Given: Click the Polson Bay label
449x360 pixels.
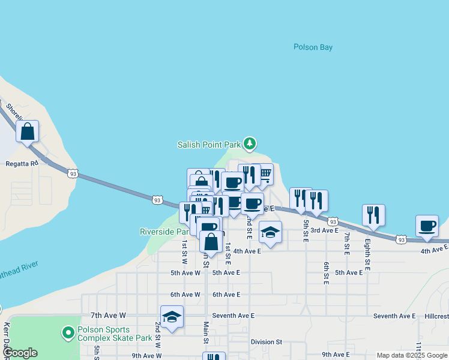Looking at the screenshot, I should coord(313,47).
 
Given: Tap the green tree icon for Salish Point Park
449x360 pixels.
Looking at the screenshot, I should coord(250,144).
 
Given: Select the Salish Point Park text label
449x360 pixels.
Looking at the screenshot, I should coord(208,145).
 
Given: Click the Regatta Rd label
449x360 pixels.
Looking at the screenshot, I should coord(22,163).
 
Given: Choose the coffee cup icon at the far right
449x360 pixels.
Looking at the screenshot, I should coord(427,226).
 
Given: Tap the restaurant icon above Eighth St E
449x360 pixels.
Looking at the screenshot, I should coord(373,215).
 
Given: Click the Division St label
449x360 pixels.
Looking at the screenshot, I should coord(267,342).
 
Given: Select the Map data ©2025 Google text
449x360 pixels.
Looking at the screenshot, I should coord(411,355).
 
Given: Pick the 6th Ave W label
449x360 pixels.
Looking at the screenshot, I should coord(185,295).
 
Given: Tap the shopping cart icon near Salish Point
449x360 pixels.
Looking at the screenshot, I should coord(265,175).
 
